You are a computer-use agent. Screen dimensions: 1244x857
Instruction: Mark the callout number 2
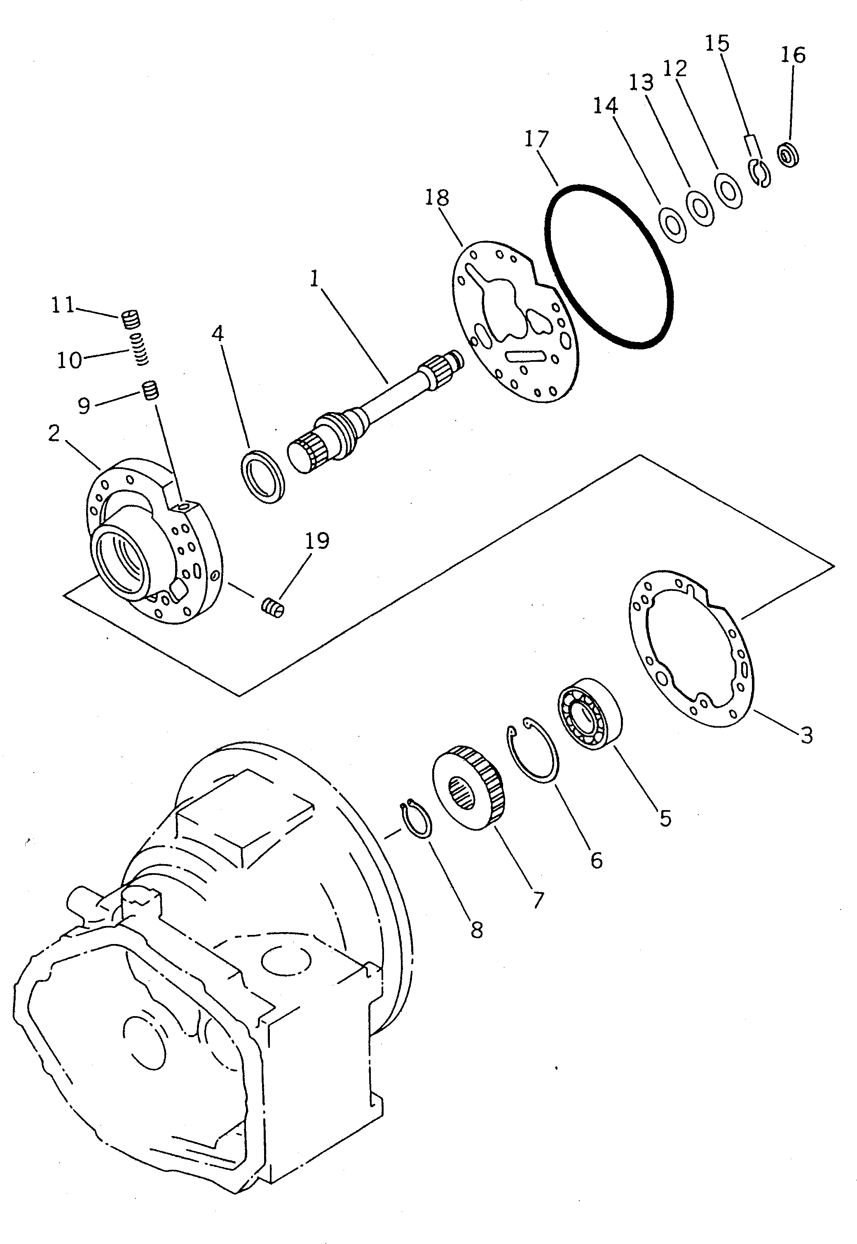[53, 433]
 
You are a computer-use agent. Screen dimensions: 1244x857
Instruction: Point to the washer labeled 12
[728, 190]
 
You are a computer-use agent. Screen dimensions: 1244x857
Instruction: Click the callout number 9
[84, 406]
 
